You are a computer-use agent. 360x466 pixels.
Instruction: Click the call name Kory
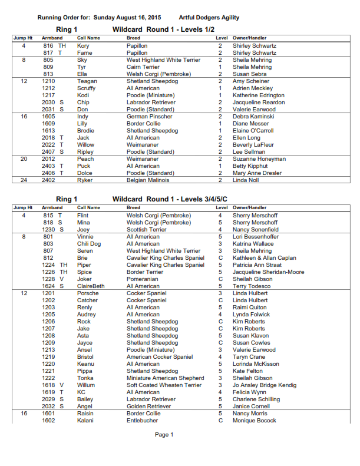click(83, 45)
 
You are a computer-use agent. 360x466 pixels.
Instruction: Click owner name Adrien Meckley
click(253, 88)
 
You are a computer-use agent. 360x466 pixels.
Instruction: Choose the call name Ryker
click(85, 180)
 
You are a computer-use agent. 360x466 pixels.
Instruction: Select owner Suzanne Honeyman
click(259, 158)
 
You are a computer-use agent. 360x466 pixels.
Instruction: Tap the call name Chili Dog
click(88, 243)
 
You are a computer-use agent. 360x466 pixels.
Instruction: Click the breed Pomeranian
click(143, 279)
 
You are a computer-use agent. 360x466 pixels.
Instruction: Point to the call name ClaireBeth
click(91, 286)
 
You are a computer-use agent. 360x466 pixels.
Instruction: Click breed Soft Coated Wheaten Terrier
click(164, 385)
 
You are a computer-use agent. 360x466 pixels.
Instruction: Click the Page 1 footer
click(164, 435)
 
